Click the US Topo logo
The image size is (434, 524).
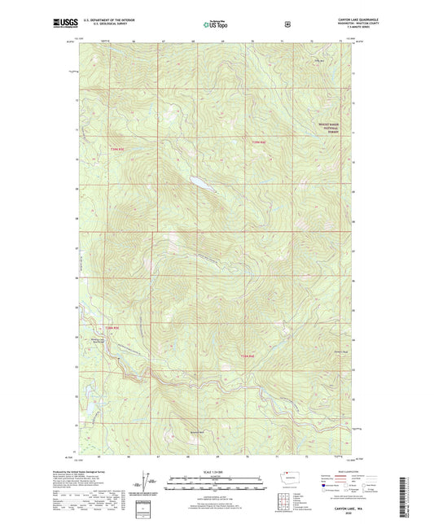(216, 24)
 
